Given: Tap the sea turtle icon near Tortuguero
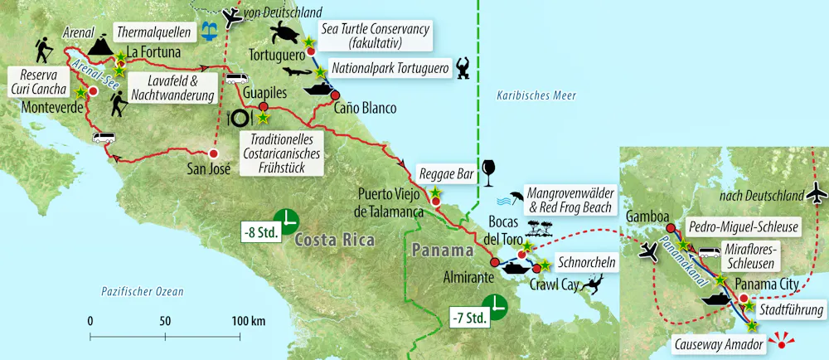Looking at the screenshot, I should tap(286, 34).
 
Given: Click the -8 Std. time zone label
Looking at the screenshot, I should tap(257, 231).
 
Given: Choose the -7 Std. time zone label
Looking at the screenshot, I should tap(466, 316).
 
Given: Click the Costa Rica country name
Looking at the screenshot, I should tap(334, 240).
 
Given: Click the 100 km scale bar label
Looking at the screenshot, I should tap(249, 320).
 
